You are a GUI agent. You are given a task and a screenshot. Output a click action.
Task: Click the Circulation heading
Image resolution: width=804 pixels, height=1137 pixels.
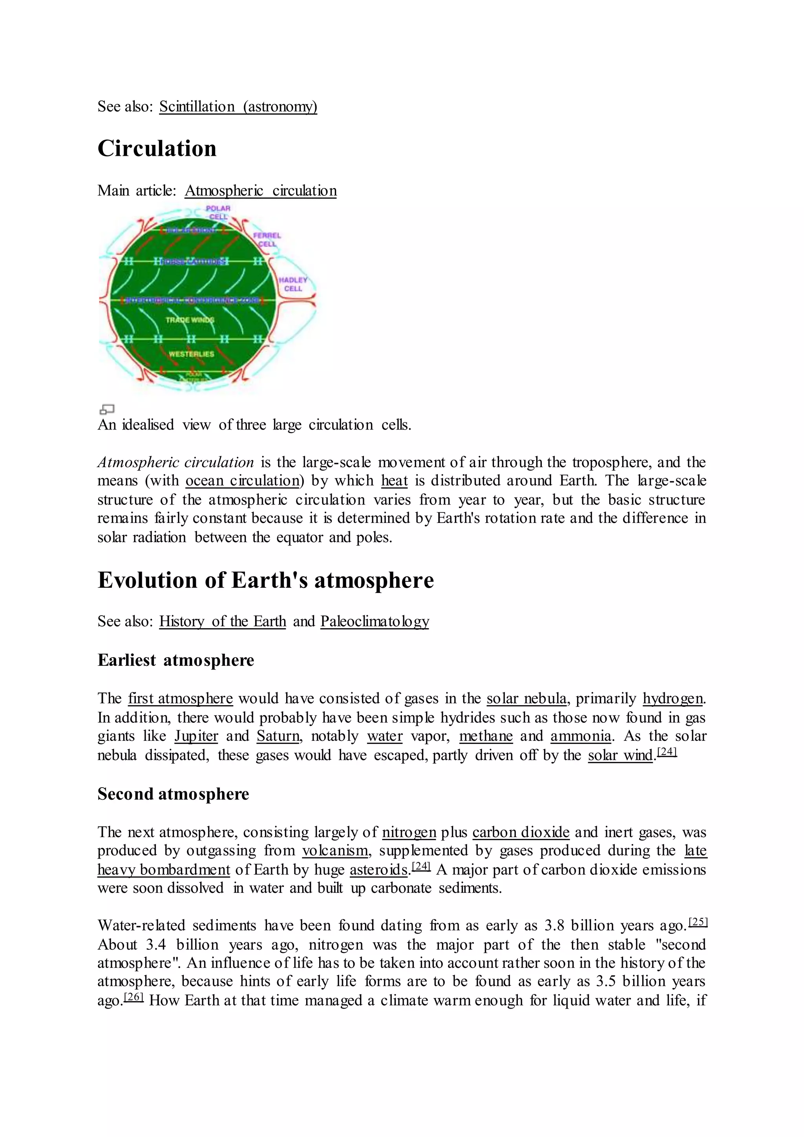[157, 148]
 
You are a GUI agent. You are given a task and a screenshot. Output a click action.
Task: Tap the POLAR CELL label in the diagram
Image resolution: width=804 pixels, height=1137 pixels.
[218, 212]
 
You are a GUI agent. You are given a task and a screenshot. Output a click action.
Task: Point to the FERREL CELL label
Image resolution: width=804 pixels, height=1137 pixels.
[267, 239]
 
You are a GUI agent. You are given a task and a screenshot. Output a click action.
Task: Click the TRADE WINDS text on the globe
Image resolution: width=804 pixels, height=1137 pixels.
[190, 320]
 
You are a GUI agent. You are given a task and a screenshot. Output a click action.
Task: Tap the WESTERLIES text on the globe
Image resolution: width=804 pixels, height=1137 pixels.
[191, 354]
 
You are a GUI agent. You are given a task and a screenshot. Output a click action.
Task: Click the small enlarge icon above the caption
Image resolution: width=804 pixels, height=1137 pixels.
[107, 409]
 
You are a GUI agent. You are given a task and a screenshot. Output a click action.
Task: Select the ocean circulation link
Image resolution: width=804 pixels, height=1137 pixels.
[243, 481]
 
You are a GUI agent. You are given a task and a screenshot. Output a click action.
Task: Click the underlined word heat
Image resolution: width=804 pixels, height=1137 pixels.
[394, 481]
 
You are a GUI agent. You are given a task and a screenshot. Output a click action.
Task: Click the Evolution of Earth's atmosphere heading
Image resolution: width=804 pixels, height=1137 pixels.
[265, 580]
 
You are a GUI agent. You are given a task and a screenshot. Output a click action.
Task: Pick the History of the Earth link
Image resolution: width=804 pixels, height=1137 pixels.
[222, 621]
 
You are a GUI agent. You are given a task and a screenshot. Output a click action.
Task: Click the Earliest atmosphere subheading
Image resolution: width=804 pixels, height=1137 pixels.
[176, 660]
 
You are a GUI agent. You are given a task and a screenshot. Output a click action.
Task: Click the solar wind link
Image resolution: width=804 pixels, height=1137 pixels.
[620, 755]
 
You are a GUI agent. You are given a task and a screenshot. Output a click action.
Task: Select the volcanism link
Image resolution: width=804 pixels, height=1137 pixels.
[335, 851]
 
